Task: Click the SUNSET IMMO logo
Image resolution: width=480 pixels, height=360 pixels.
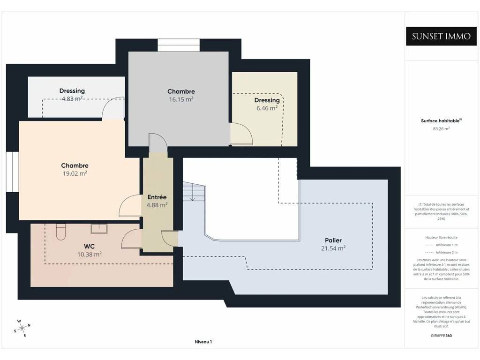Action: point(441,36)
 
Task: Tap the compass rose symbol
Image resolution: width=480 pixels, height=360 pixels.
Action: point(22,328)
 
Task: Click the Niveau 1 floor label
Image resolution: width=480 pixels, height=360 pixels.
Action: point(203,342)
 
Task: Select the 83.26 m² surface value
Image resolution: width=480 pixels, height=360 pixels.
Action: point(441,129)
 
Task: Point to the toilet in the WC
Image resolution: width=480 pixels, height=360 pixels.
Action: point(61,232)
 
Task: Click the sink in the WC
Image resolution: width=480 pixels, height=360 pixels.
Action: point(99,229)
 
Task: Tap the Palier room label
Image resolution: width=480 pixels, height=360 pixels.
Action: point(333,240)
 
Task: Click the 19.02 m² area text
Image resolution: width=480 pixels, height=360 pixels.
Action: point(75,173)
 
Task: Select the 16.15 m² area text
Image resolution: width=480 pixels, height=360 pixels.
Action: point(181,99)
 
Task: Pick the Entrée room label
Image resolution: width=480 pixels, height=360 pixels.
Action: point(157,197)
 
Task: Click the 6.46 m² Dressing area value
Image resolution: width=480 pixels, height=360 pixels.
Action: point(267,108)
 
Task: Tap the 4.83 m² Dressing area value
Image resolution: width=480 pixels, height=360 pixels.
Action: point(72,98)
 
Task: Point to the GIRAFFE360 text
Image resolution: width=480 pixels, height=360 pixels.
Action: point(441,336)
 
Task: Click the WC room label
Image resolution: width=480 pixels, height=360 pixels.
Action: point(89,246)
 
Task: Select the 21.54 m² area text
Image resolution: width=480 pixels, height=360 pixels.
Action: point(333,248)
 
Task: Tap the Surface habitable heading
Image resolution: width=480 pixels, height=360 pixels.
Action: point(441,120)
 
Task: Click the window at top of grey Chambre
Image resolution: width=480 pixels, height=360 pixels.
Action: point(179,45)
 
